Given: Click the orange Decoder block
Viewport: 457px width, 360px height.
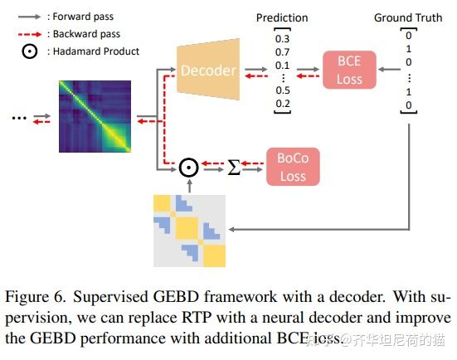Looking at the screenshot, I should click(x=208, y=71).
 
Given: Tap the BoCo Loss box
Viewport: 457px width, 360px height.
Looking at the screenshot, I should click(x=292, y=167).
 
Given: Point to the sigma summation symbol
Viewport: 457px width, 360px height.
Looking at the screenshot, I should click(x=234, y=168).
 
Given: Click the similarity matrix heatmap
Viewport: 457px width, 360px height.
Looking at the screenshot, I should click(x=95, y=117).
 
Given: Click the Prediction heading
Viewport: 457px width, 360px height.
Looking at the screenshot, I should click(x=281, y=17).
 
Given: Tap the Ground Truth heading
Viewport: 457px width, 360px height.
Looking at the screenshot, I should click(x=408, y=17).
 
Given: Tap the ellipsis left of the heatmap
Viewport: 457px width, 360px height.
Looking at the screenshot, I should click(x=19, y=117).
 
